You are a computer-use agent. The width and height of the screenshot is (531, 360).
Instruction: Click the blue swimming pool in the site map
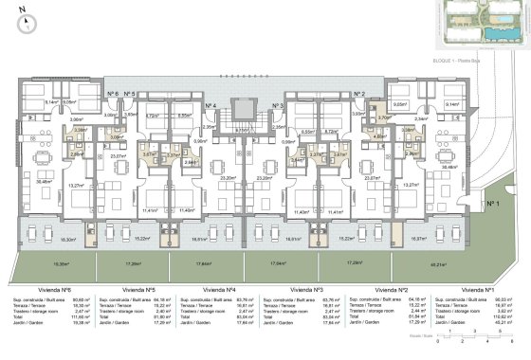tap(500, 32)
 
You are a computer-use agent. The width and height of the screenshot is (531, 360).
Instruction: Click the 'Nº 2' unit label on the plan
tap(359, 94)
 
